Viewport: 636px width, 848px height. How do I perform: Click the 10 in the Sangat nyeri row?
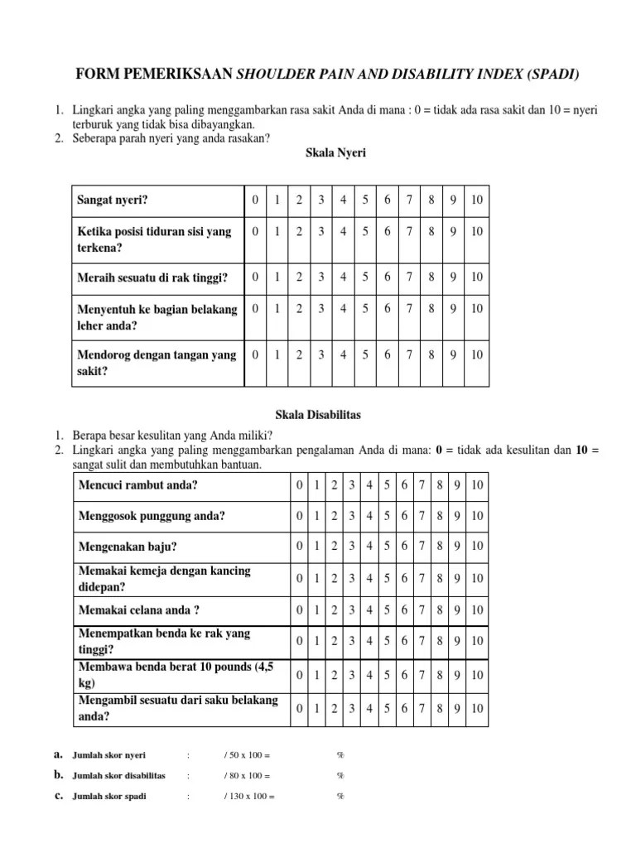(476, 200)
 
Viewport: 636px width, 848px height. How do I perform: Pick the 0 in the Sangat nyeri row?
(256, 200)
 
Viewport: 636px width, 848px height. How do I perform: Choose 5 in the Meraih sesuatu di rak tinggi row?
(364, 276)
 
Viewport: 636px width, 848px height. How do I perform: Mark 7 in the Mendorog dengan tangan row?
(409, 354)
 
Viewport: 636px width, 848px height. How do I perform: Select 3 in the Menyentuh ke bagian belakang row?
(321, 308)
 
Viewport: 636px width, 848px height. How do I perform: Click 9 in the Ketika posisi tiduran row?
(453, 231)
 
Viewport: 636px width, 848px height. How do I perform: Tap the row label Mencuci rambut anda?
(137, 484)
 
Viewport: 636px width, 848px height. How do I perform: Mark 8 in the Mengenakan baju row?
(439, 547)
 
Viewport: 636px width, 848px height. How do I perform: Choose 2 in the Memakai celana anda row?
(334, 609)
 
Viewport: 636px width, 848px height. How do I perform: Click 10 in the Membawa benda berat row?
(477, 675)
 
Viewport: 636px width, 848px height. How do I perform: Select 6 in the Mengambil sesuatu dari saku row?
(404, 708)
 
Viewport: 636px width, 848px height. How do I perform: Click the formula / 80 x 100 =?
(247, 776)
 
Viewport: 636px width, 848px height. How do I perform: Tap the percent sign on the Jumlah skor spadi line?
(340, 797)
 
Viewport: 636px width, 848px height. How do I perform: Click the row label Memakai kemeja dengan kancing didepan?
(164, 578)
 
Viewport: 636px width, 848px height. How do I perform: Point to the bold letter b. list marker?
(59, 775)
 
